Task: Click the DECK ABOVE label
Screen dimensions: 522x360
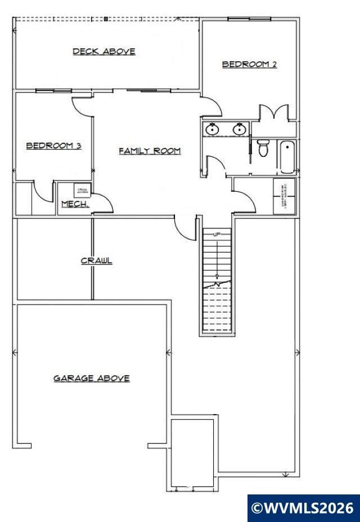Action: tap(104, 52)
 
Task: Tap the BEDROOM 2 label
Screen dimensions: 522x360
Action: tap(249, 64)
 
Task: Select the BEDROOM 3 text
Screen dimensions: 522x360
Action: tap(54, 146)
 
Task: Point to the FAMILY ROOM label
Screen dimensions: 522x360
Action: tap(150, 151)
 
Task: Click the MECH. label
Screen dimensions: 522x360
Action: tap(75, 204)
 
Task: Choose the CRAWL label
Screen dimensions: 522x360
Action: tap(97, 260)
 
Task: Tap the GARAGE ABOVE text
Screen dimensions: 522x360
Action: tap(92, 379)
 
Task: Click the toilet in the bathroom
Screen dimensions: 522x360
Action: tap(263, 149)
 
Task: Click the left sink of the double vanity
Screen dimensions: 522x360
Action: tap(212, 129)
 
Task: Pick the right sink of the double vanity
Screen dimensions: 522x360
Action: tap(240, 129)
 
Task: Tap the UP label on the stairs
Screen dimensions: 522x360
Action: tap(217, 233)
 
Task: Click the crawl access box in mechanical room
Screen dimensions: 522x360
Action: tap(83, 191)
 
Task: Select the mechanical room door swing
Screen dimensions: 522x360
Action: tap(102, 204)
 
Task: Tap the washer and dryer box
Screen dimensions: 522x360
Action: tap(283, 196)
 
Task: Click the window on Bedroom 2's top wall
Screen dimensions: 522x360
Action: tap(249, 19)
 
